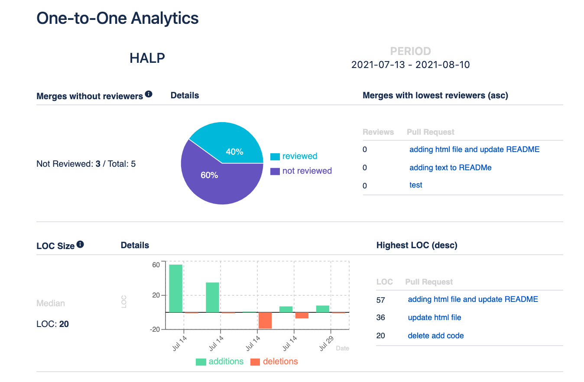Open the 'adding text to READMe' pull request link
point(450,168)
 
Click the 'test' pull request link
point(415,185)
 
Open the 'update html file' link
point(434,317)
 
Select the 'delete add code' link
point(435,336)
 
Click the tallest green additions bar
point(175,288)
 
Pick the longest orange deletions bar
point(265,320)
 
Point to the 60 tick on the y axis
point(156,265)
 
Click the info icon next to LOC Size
point(80,245)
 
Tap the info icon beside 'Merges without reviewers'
point(149,94)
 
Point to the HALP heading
point(147,58)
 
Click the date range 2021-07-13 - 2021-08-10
point(410,65)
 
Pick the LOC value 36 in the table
point(380,317)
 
